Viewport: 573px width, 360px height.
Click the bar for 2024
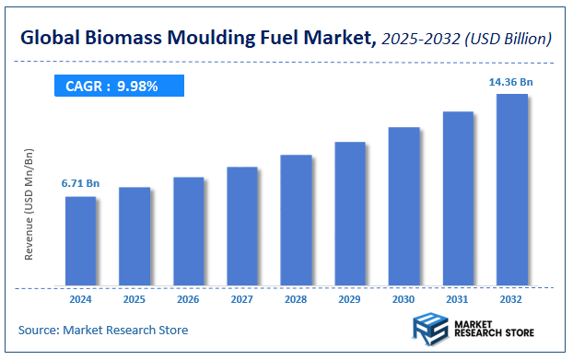(80, 241)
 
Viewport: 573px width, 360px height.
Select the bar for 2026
(188, 231)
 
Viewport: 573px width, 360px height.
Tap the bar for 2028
(296, 220)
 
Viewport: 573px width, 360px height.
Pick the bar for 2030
(403, 206)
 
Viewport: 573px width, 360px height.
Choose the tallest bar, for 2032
(511, 190)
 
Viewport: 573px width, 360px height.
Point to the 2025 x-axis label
(134, 299)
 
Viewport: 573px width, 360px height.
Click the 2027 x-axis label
(242, 299)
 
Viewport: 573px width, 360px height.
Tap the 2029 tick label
(350, 299)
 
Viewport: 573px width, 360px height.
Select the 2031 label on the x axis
(458, 299)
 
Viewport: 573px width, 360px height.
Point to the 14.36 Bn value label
(511, 82)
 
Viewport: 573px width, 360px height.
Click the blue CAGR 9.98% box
(117, 87)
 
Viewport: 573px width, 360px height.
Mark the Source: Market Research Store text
(102, 330)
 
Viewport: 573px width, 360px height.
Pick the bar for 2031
(458, 198)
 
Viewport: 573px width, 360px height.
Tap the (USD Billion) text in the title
(508, 39)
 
